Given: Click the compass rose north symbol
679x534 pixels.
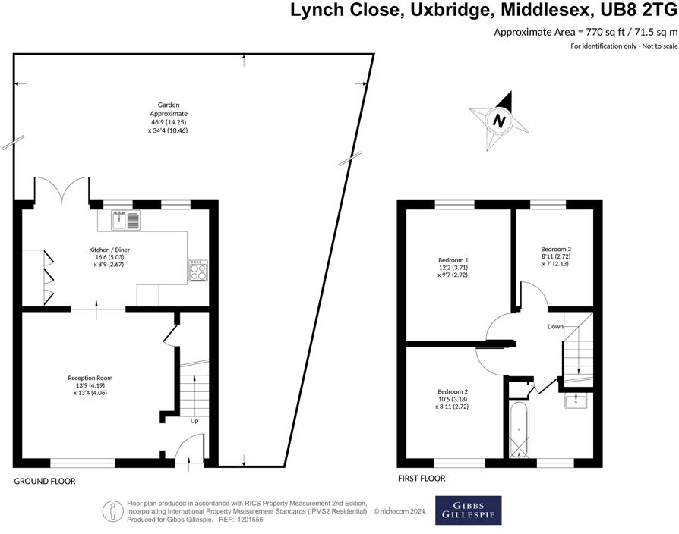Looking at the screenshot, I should click(498, 120).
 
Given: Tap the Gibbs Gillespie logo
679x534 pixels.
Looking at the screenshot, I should click(468, 510).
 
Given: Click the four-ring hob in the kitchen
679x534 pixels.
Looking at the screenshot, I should click(197, 271).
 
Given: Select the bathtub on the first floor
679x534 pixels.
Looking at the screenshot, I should click(520, 429).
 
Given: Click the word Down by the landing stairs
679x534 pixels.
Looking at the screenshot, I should click(555, 327).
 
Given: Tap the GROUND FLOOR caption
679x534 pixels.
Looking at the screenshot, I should click(45, 482).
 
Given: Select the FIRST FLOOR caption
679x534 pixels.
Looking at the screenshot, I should click(422, 479).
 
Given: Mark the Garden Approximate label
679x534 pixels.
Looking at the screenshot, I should click(168, 118).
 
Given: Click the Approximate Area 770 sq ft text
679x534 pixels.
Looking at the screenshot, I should click(585, 32).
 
